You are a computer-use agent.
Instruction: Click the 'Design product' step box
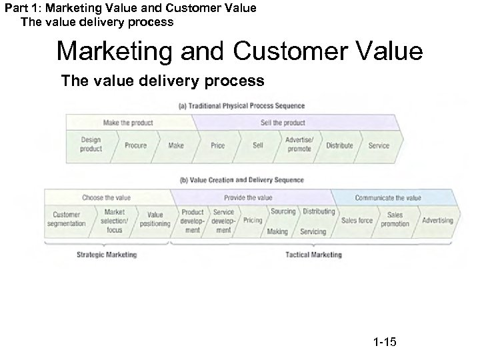click(x=91, y=145)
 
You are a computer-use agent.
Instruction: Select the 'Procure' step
click(x=135, y=145)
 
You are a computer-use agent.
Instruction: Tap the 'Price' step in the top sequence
click(x=217, y=145)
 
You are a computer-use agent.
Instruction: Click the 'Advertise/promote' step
click(x=299, y=145)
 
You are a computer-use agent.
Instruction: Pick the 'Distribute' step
click(x=339, y=145)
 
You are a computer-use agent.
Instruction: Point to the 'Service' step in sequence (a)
click(x=379, y=145)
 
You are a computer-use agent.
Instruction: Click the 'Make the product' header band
click(x=128, y=123)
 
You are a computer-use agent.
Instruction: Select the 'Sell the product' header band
click(x=285, y=123)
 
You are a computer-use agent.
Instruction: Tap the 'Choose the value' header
click(x=107, y=197)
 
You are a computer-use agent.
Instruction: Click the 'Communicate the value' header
click(x=388, y=197)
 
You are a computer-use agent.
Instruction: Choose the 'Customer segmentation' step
click(x=66, y=219)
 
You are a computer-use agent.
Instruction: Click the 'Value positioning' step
click(x=155, y=219)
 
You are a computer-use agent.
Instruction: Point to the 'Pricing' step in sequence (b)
click(x=253, y=220)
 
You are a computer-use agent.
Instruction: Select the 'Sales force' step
click(x=357, y=220)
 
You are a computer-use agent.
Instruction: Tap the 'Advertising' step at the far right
click(x=437, y=220)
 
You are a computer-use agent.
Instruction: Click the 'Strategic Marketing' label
click(x=107, y=255)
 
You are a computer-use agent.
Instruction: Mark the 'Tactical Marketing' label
click(x=313, y=255)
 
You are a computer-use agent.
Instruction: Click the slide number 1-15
click(x=385, y=343)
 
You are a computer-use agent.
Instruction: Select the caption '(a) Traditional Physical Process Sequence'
click(x=242, y=105)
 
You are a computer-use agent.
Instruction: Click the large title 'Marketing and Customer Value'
click(x=239, y=51)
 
